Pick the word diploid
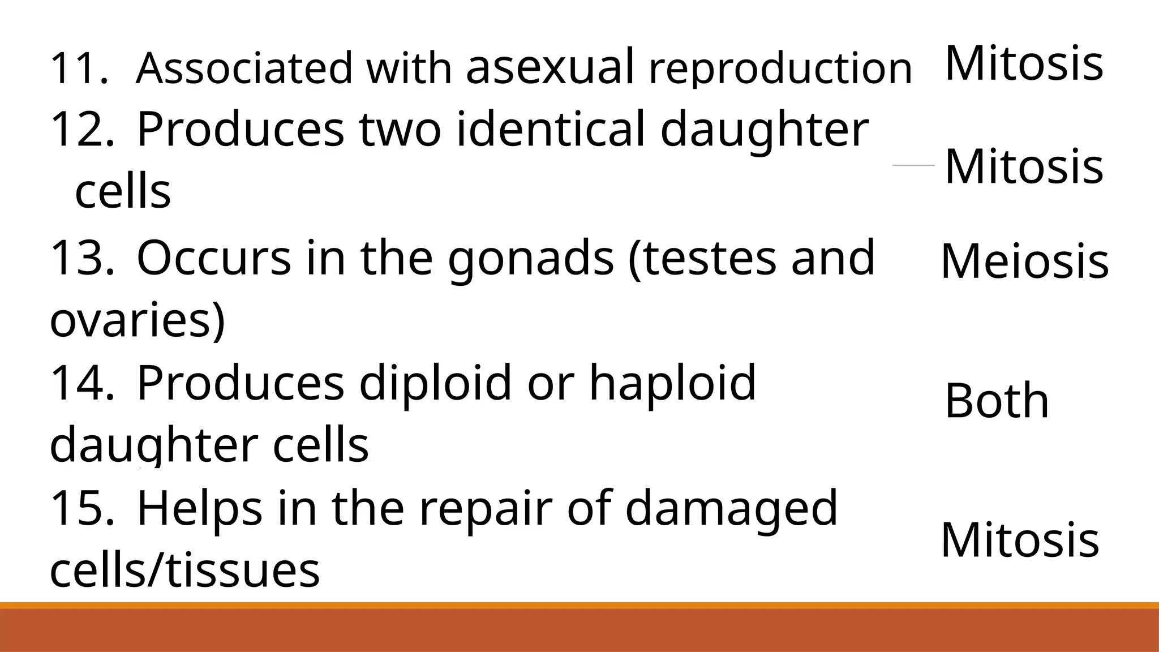pos(436,383)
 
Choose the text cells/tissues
pos(184,569)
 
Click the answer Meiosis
pos(1024,261)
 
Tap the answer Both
pos(997,401)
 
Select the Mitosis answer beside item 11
pos(1024,63)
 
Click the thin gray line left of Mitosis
pos(913,165)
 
